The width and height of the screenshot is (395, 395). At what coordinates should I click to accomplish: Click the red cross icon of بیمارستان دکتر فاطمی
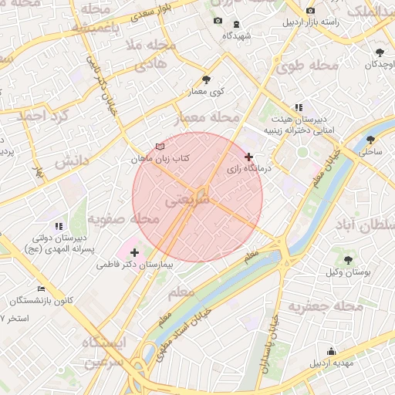pyautogui.click(x=135, y=252)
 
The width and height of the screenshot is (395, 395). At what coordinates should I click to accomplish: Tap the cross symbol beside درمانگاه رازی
pyautogui.click(x=248, y=157)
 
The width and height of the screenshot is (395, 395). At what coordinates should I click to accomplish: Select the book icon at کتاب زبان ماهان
pyautogui.click(x=160, y=146)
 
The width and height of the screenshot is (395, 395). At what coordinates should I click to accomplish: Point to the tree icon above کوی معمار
pyautogui.click(x=206, y=79)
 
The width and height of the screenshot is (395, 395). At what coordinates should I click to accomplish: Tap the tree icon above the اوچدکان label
pyautogui.click(x=380, y=52)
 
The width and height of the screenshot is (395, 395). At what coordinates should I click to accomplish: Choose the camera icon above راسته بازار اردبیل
pyautogui.click(x=310, y=11)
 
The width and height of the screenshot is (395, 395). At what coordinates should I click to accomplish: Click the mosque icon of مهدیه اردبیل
pyautogui.click(x=332, y=351)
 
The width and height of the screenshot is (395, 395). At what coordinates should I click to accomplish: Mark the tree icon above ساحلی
pyautogui.click(x=371, y=140)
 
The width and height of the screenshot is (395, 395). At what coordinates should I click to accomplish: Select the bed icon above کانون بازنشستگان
pyautogui.click(x=41, y=289)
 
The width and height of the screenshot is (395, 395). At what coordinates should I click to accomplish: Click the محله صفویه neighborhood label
pyautogui.click(x=123, y=221)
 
